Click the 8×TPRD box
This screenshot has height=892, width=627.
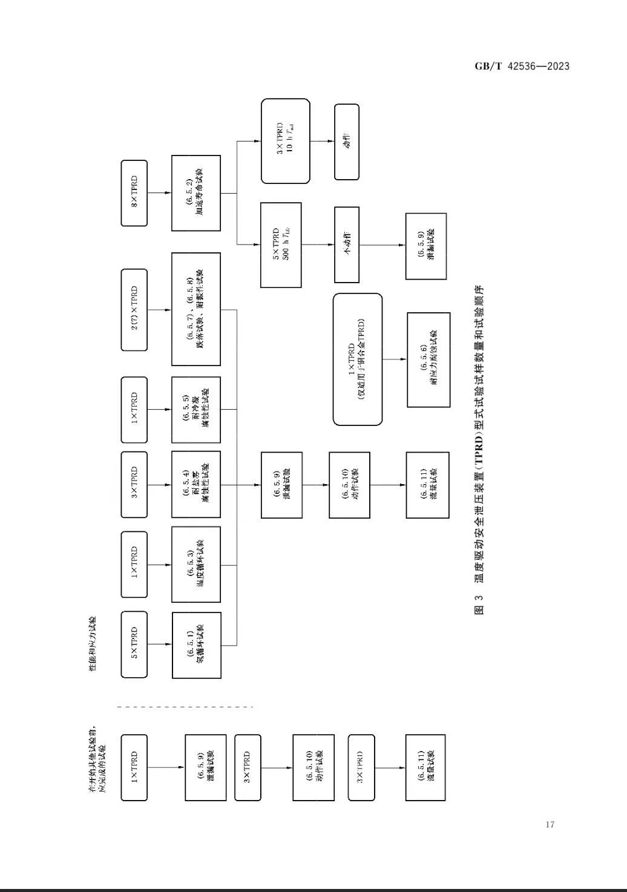tap(134, 193)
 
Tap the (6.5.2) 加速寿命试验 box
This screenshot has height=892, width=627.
tap(195, 193)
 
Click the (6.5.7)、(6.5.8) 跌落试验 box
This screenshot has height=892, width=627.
tap(195, 309)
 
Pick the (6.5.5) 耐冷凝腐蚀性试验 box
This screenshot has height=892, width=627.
tap(195, 410)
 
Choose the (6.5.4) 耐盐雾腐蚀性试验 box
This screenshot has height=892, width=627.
tap(195, 484)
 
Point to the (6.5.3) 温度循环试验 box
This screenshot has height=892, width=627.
tap(195, 565)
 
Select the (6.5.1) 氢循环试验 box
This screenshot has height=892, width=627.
tap(195, 645)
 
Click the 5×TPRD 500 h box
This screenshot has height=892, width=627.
tap(281, 245)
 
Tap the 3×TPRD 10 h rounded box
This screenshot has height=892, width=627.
tap(285, 141)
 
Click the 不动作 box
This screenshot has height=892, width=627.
tap(347, 244)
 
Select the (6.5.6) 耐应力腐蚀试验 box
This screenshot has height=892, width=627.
tap(428, 359)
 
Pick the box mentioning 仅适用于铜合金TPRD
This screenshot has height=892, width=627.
tap(357, 359)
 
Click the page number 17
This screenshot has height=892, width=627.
tap(550, 824)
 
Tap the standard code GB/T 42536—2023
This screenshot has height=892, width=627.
tap(522, 66)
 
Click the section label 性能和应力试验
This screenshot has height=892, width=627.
tap(93, 644)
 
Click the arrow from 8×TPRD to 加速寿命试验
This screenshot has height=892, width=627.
tap(159, 193)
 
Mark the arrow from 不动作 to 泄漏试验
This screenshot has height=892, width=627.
tap(382, 245)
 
